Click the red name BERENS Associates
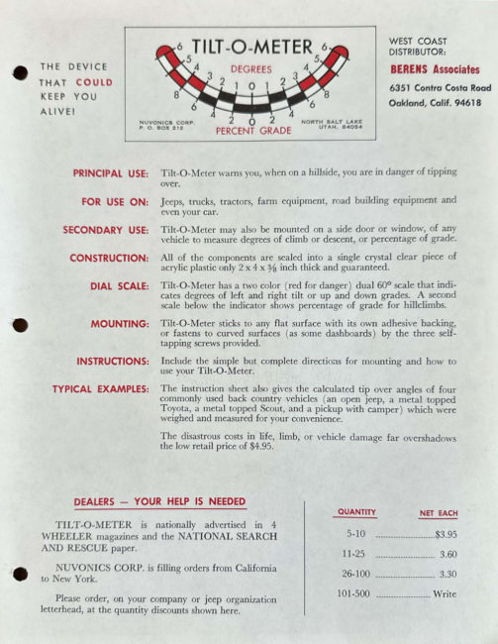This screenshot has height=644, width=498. tap(434, 69)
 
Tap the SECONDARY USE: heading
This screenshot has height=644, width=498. tap(105, 230)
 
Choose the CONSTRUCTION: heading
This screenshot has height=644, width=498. tap(109, 259)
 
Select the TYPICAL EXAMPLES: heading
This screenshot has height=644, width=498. tap(100, 389)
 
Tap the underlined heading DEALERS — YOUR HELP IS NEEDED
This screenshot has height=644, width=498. tap(159, 502)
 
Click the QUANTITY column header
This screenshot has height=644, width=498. tap(356, 512)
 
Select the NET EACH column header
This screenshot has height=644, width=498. tap(439, 512)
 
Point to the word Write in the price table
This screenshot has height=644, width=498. tap(445, 594)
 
